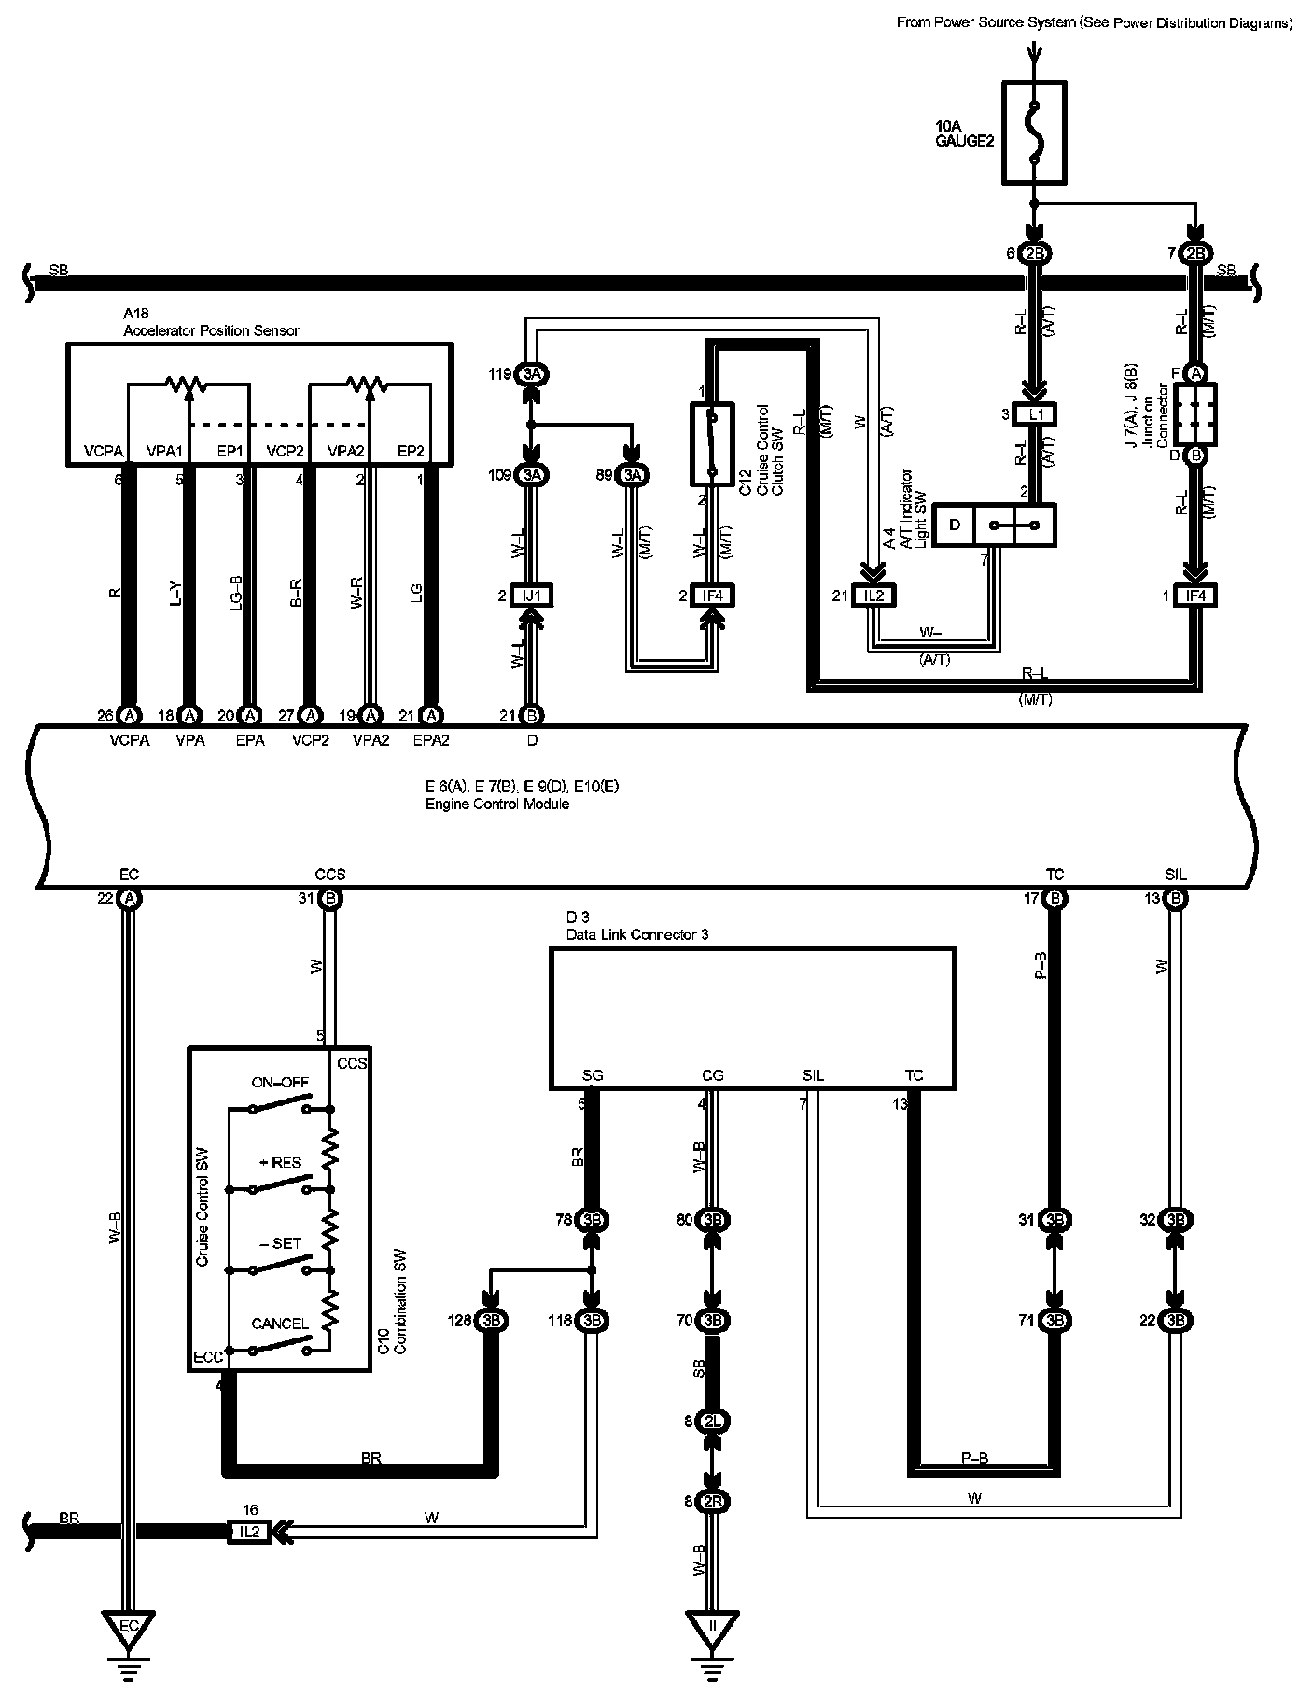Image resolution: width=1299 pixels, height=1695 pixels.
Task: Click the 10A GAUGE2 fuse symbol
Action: click(1034, 132)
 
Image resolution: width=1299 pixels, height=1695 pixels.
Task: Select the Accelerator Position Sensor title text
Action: click(211, 331)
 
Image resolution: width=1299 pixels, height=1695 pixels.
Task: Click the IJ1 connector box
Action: click(532, 595)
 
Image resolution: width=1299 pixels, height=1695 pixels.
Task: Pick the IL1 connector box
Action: click(1035, 414)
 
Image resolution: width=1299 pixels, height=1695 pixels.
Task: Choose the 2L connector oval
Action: click(713, 1422)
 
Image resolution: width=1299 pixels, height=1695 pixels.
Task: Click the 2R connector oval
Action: click(713, 1502)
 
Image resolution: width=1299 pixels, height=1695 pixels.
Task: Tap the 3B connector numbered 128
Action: click(490, 1321)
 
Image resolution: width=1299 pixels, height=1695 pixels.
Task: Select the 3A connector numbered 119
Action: click(531, 374)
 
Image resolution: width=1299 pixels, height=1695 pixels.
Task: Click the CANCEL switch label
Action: click(280, 1324)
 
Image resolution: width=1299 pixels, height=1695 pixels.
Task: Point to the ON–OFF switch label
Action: click(280, 1083)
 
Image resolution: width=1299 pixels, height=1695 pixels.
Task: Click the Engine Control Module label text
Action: click(497, 805)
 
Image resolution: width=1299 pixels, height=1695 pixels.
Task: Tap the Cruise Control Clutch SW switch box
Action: click(712, 443)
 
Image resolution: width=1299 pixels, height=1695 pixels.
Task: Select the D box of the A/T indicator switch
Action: click(955, 525)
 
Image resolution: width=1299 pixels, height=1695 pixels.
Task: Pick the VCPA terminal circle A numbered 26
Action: click(130, 716)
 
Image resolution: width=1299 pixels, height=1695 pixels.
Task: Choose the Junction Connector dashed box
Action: click(1195, 413)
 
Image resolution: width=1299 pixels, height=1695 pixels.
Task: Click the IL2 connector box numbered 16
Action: click(248, 1532)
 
